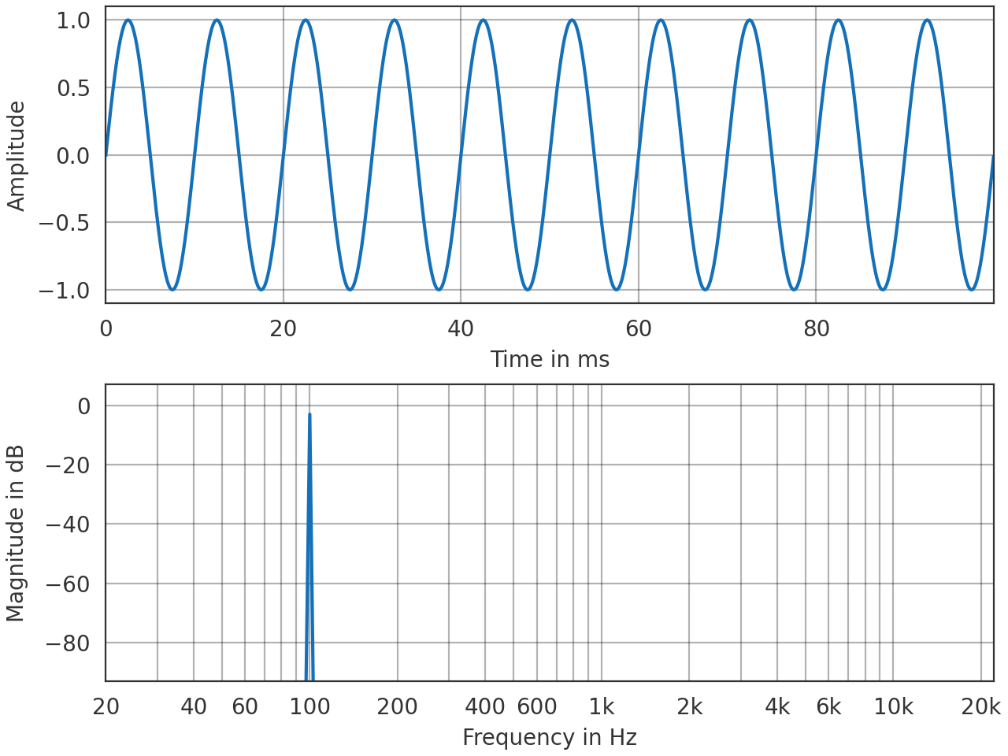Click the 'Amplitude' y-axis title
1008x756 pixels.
coord(17,156)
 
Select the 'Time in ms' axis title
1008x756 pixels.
coord(550,359)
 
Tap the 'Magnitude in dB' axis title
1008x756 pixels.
coord(17,533)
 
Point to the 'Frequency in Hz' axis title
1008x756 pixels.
coord(550,737)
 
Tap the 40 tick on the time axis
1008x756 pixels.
coord(461,328)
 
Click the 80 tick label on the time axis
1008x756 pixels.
coord(817,328)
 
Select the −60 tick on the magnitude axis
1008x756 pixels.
coord(68,584)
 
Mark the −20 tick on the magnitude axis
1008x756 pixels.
coord(68,465)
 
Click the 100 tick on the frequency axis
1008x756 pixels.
coord(309,706)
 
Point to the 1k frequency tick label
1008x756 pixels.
coord(602,706)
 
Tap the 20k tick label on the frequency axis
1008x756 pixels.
coord(981,706)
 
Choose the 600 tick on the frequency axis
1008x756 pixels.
coord(537,706)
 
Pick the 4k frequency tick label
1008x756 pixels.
coord(777,706)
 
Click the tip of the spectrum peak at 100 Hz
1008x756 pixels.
coord(309,414)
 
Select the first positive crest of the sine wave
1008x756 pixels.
coord(128,20)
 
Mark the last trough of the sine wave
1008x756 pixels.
coord(972,290)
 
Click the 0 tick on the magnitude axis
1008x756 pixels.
coord(84,406)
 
